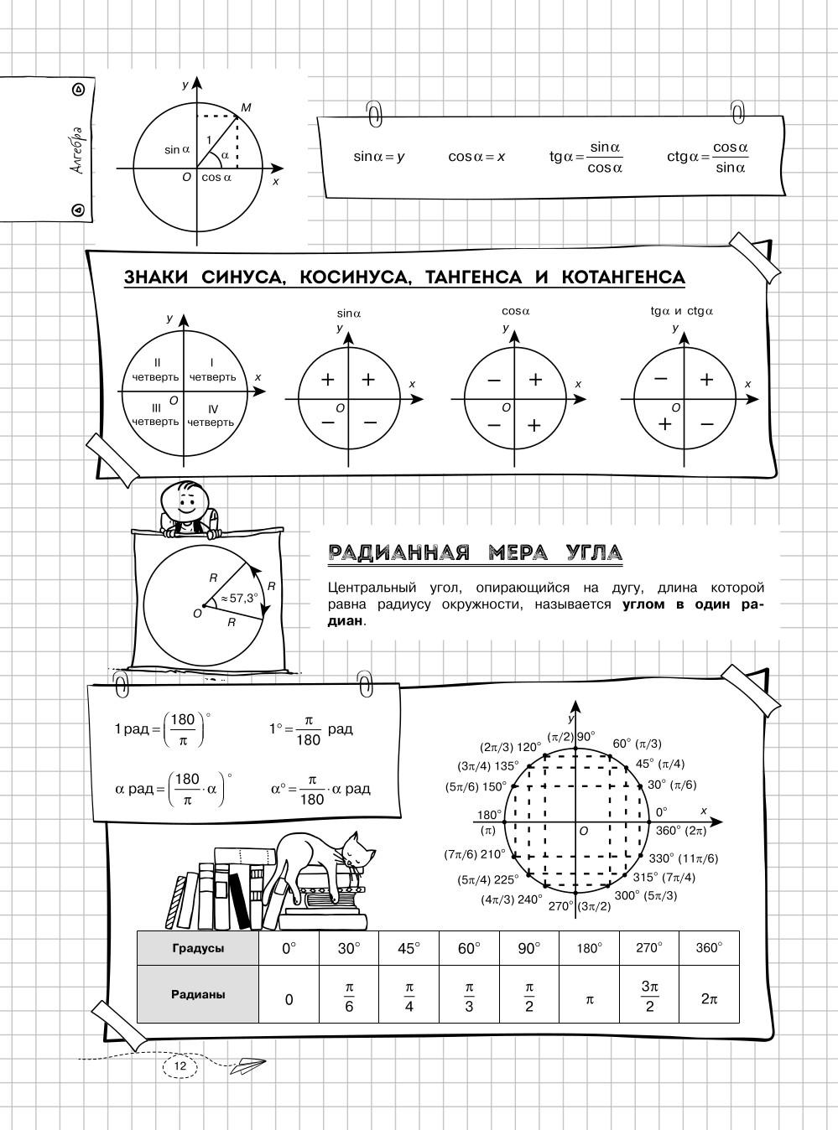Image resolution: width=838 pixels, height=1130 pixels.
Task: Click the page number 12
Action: click(179, 1065)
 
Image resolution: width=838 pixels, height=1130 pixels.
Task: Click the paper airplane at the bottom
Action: click(248, 1065)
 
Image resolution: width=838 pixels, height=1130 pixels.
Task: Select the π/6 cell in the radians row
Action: click(349, 996)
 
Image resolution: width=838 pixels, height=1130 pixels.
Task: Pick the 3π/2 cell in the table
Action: click(649, 996)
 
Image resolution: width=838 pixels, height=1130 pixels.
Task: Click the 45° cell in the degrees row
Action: click(409, 948)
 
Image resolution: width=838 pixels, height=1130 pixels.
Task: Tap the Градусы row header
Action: click(198, 948)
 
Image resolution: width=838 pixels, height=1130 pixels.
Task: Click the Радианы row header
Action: click(198, 995)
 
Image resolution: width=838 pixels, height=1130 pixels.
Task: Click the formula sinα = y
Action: click(379, 157)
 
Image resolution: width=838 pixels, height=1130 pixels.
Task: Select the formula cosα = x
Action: click(476, 157)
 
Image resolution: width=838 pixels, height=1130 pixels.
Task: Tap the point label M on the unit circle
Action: click(246, 107)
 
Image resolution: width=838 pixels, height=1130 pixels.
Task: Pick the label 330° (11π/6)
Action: click(683, 858)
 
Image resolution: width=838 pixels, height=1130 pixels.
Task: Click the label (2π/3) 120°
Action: click(511, 746)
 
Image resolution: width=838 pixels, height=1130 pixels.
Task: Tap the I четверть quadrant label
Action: click(212, 370)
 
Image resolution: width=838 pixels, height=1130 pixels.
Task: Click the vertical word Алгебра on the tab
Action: click(77, 151)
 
